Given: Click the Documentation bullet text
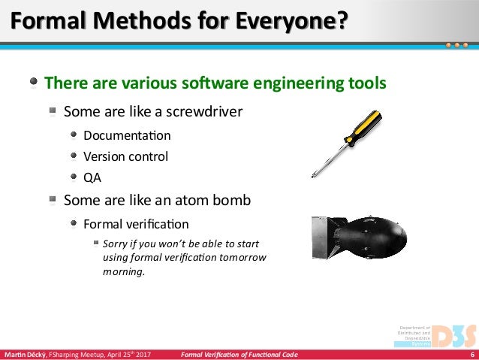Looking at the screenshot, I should pyautogui.click(x=127, y=136).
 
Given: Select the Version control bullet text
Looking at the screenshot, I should pyautogui.click(x=125, y=157).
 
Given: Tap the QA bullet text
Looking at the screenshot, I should pyautogui.click(x=92, y=178).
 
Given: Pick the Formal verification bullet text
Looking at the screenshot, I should pyautogui.click(x=136, y=224).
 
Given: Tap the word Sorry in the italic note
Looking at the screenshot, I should pyautogui.click(x=116, y=244).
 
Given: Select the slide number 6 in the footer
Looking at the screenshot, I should pyautogui.click(x=471, y=355).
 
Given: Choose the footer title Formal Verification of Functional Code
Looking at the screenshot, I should pyautogui.click(x=239, y=355).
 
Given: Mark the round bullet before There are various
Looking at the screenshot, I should pyautogui.click(x=35, y=82).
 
